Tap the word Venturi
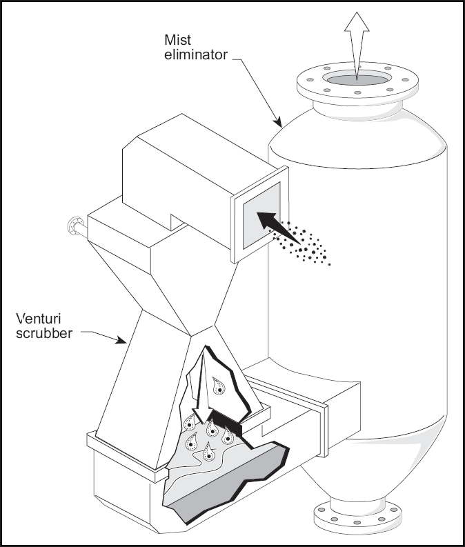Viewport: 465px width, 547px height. coord(37,319)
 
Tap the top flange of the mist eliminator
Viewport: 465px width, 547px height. coord(356,90)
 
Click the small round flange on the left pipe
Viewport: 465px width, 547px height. coord(72,226)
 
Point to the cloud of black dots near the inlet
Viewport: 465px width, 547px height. coord(307,245)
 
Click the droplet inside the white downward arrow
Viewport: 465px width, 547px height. coord(218,386)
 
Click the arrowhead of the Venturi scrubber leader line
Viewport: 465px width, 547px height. coord(126,342)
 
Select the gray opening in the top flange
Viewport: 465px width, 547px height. coord(356,80)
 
